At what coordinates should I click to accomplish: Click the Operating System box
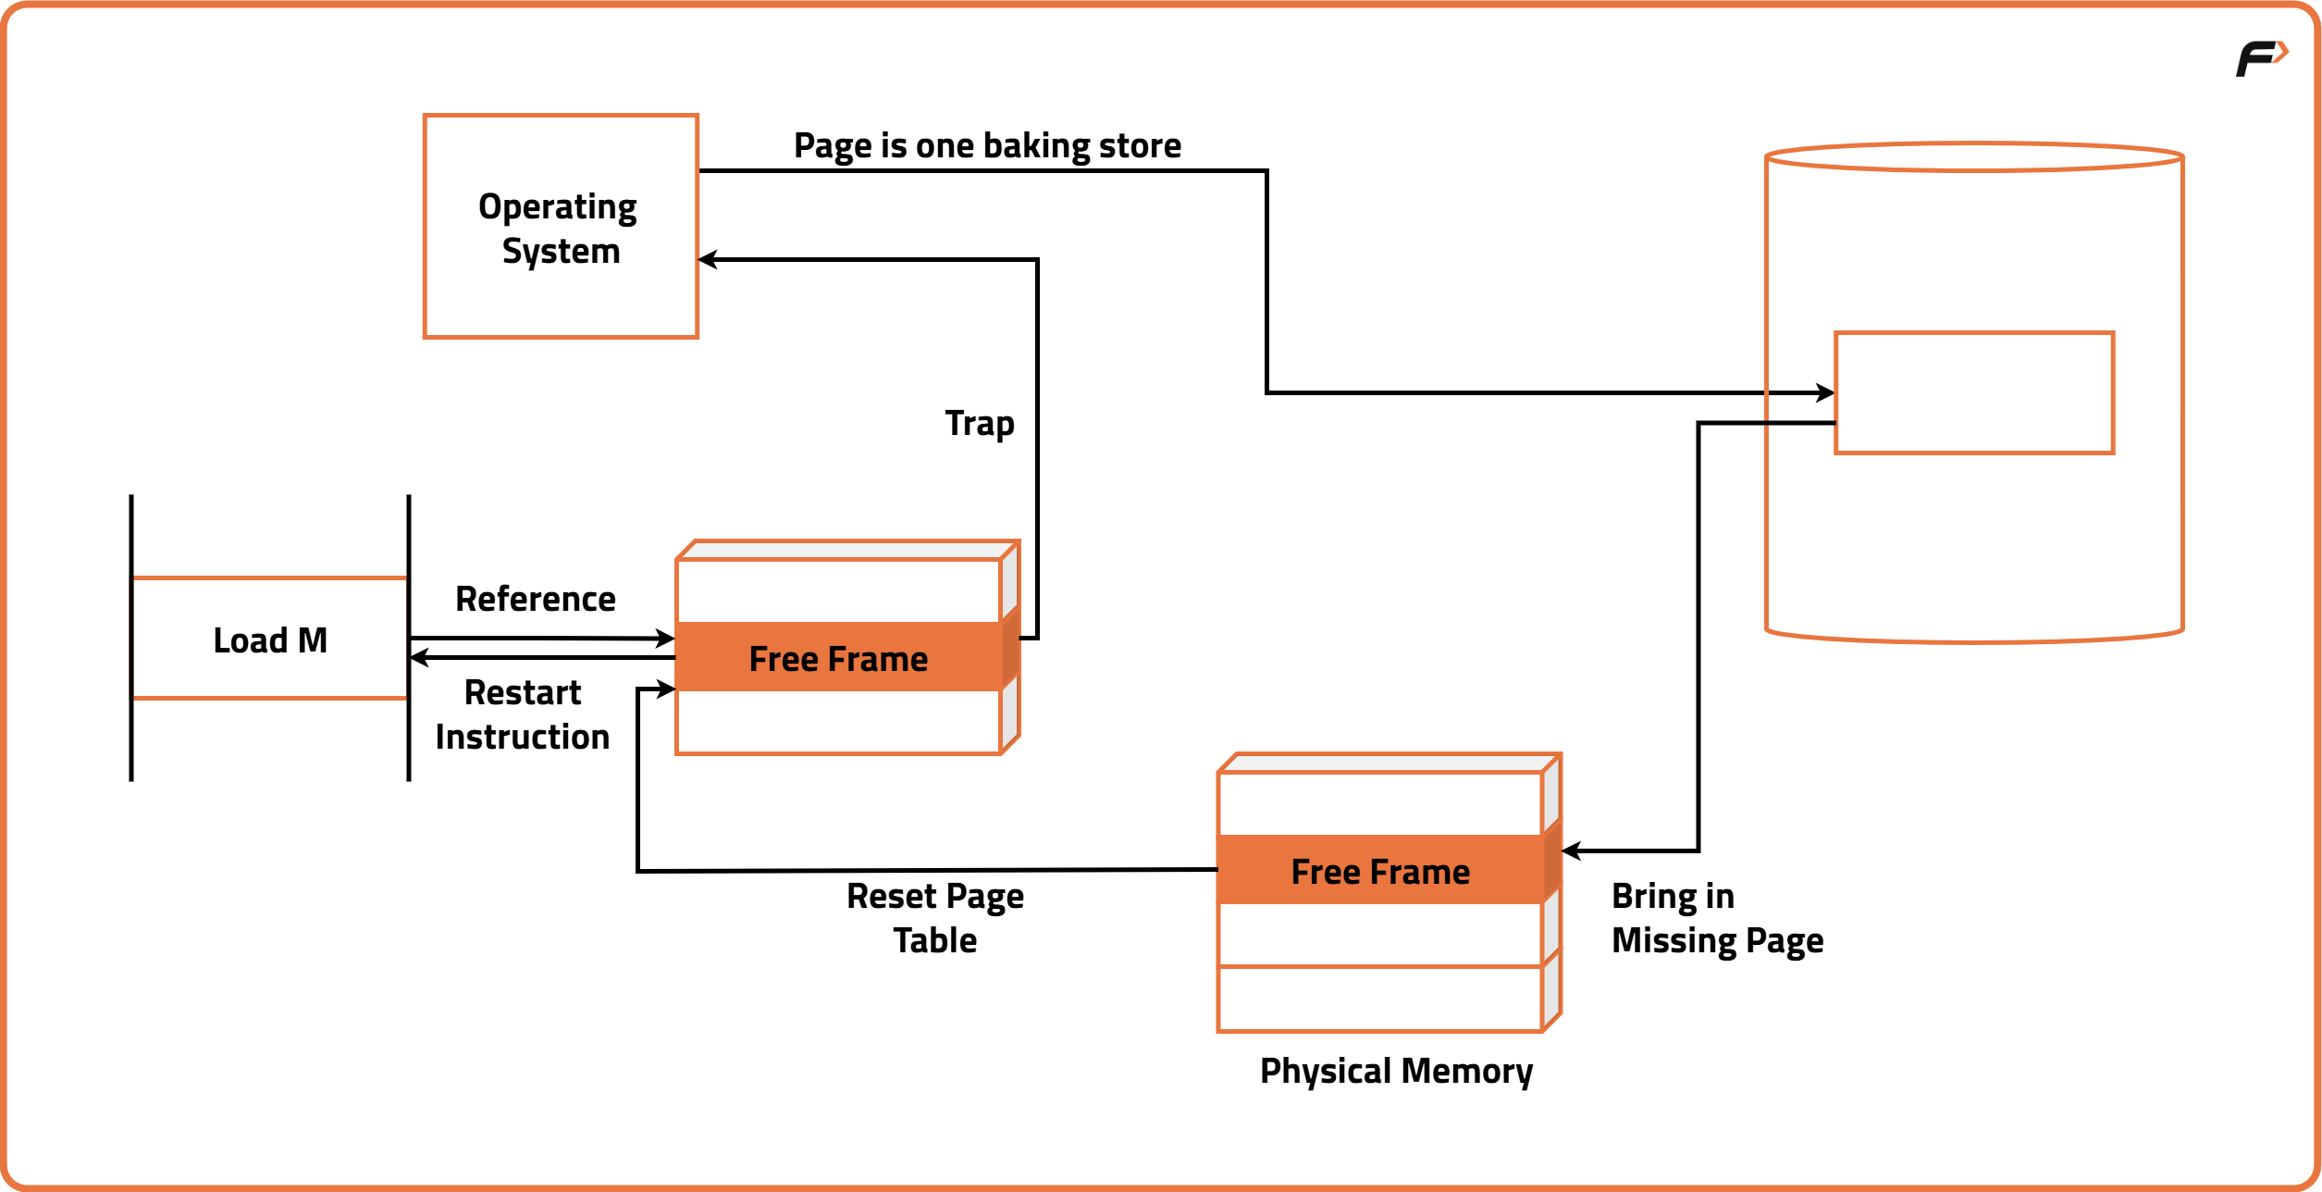pos(560,227)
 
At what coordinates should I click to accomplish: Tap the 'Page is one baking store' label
pos(987,146)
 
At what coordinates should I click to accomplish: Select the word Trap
pos(980,423)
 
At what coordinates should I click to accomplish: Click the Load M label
pos(270,640)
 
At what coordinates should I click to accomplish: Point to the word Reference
pos(535,600)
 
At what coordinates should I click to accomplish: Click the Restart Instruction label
pos(523,714)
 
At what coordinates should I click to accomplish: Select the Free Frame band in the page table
pos(838,658)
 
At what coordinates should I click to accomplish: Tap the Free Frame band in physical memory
pos(1380,871)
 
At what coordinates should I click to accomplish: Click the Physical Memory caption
pos(1395,1071)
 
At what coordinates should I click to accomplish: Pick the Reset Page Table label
pos(934,918)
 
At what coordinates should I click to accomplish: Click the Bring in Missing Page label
pos(1716,918)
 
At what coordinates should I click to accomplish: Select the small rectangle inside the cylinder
pos(1974,392)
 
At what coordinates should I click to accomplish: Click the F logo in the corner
pos(2260,59)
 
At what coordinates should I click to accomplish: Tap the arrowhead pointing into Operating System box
pos(707,260)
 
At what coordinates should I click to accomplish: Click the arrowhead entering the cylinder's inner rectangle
pos(1826,392)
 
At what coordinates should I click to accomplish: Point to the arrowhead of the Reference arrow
pos(666,639)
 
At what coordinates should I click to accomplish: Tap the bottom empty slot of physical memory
pos(1379,999)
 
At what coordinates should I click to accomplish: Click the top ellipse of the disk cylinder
pos(1974,157)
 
